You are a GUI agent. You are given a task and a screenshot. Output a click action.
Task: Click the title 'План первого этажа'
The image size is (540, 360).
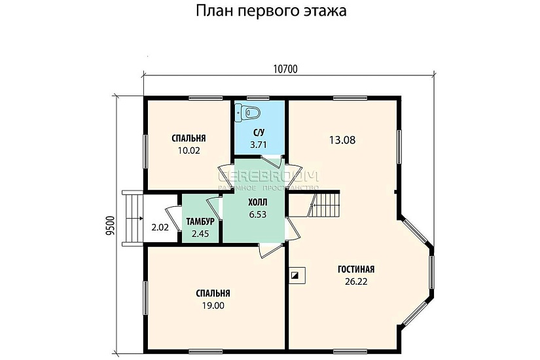coord(270,12)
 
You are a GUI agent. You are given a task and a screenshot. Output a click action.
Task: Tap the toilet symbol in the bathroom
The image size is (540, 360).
coord(248,112)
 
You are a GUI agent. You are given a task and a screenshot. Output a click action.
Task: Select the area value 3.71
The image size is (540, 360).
coord(259,145)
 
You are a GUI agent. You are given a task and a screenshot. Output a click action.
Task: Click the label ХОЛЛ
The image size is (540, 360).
coord(256,202)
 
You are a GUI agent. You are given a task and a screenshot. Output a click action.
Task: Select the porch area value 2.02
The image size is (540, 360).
coord(160,228)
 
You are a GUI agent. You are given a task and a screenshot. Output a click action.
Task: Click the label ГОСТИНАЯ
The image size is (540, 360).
coord(355,270)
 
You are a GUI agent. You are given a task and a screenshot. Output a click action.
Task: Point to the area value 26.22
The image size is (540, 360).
coord(355,281)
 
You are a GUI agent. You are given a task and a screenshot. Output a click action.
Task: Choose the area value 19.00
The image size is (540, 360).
coord(213,305)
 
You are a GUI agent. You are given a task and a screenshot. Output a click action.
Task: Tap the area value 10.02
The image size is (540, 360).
coord(189,150)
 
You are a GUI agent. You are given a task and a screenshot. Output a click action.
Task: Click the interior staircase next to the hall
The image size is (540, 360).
coord(325,206)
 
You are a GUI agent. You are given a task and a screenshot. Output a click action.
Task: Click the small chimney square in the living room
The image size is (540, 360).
coord(295,276)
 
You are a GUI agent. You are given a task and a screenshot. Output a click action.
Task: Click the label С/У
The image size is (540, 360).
coord(259,133)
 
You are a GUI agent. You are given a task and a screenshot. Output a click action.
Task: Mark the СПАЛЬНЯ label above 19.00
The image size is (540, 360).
coord(213,293)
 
